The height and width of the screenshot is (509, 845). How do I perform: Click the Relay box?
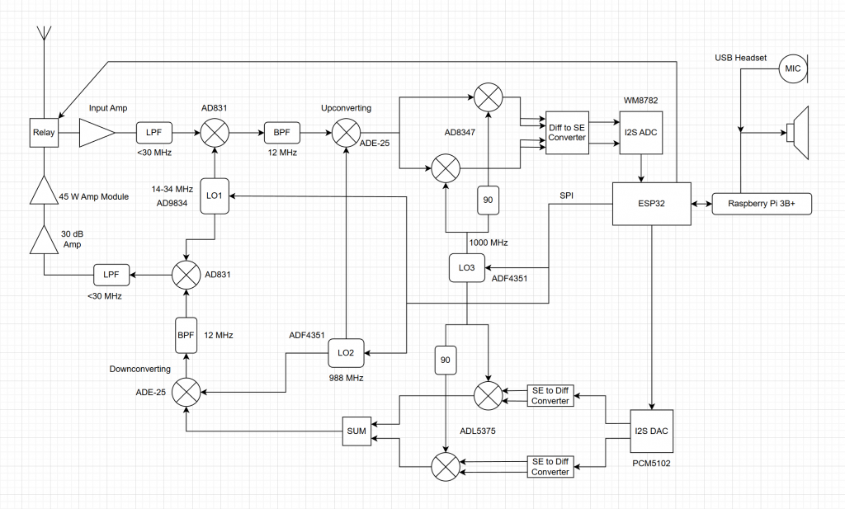pyautogui.click(x=42, y=132)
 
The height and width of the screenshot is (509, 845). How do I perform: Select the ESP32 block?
pyautogui.click(x=651, y=203)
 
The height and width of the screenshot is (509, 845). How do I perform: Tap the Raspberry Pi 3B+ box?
pyautogui.click(x=762, y=203)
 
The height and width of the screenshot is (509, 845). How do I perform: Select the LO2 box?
pyautogui.click(x=346, y=352)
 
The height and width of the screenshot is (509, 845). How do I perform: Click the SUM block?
pyautogui.click(x=357, y=431)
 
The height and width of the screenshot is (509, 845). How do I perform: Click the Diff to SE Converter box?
pyautogui.click(x=567, y=132)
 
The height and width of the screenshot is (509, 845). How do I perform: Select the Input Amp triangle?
pyautogui.click(x=96, y=132)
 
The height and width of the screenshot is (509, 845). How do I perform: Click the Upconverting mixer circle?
pyautogui.click(x=346, y=132)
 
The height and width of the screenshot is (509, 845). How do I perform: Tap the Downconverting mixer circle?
pyautogui.click(x=187, y=390)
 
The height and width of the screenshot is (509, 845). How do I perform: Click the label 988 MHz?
pyautogui.click(x=346, y=377)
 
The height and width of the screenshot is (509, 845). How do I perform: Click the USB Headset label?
pyautogui.click(x=740, y=58)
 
